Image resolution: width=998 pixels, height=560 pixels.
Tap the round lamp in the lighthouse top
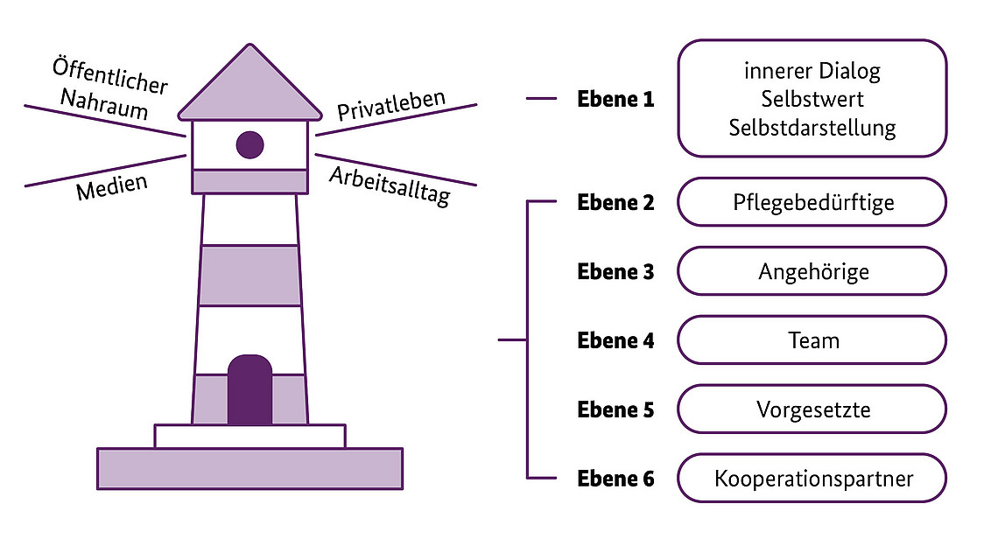click(x=249, y=144)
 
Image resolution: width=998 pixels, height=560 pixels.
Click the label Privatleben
click(x=391, y=104)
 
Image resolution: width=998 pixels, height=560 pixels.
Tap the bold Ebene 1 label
click(x=615, y=99)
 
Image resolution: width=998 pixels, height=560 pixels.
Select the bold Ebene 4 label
click(x=615, y=340)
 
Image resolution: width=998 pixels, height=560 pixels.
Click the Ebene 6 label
click(x=615, y=479)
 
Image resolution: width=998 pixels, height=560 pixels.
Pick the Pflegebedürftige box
click(x=812, y=202)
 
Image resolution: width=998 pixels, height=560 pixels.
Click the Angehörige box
click(x=812, y=271)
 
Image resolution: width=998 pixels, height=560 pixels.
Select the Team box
click(x=812, y=340)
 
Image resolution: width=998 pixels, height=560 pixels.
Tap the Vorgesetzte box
click(x=812, y=409)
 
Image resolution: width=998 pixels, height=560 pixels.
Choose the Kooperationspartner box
click(x=812, y=479)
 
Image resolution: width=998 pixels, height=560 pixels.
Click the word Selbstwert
click(x=812, y=99)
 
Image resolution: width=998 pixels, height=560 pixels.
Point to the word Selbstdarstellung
click(x=812, y=128)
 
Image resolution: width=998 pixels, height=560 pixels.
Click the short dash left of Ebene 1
click(x=541, y=99)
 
